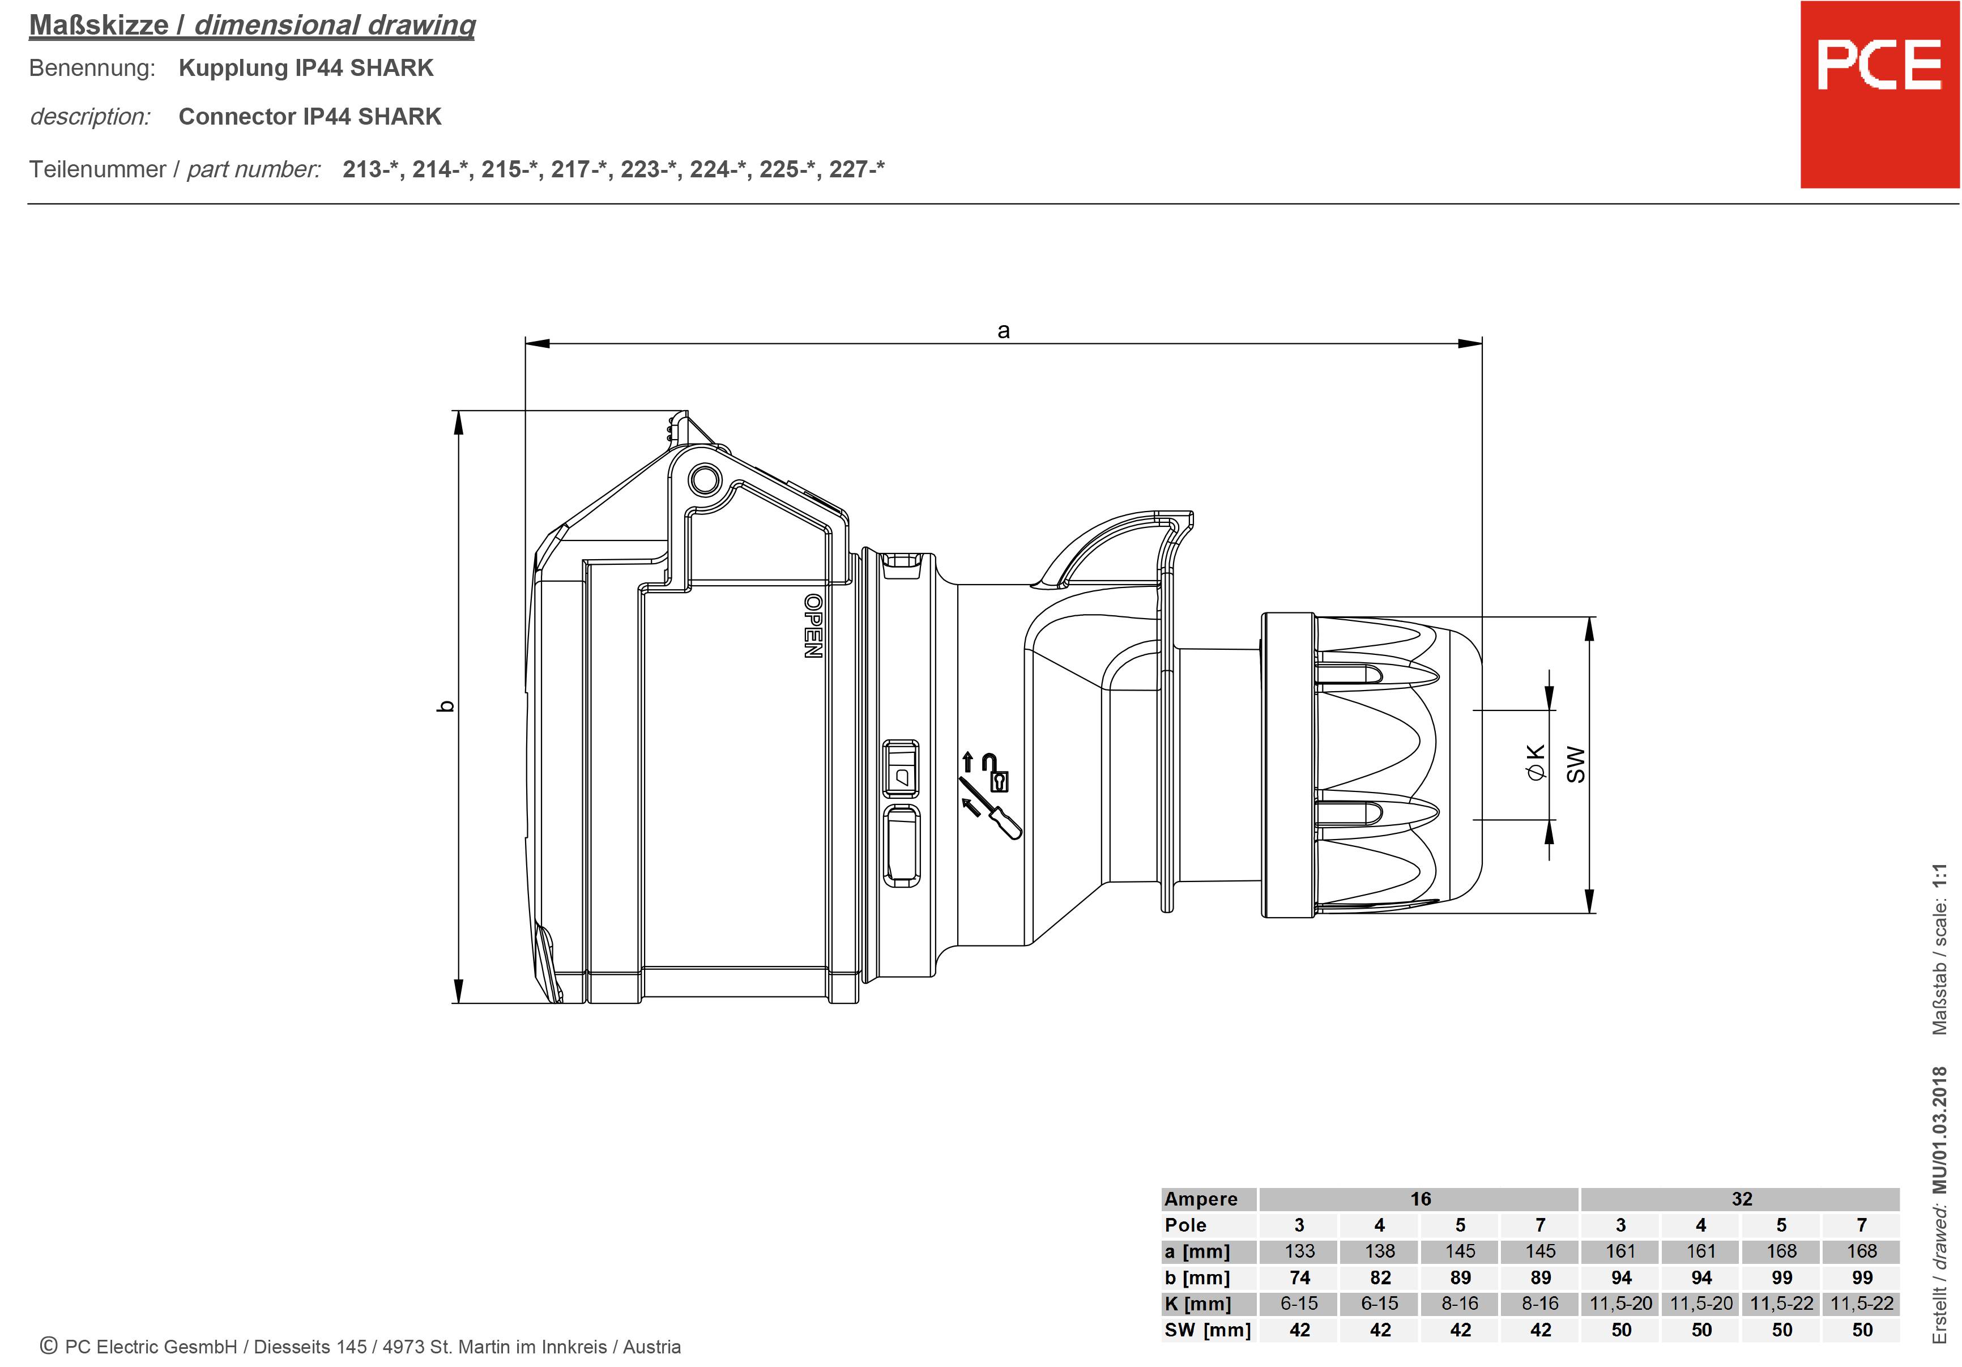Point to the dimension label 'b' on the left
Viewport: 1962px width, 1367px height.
click(x=445, y=706)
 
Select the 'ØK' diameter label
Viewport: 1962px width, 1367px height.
click(x=1536, y=762)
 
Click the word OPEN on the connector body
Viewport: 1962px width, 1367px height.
click(x=813, y=626)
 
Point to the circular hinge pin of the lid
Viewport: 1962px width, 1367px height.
click(x=705, y=480)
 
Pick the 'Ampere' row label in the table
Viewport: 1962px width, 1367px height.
click(x=1201, y=1199)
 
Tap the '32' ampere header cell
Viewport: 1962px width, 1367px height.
click(x=1742, y=1199)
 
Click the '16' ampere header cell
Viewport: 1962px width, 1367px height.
click(x=1420, y=1199)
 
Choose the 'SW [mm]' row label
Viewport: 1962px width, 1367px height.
click(x=1206, y=1330)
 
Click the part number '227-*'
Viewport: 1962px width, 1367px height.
click(x=856, y=169)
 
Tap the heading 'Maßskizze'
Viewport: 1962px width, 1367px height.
click(x=99, y=25)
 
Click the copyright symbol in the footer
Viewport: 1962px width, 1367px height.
click(x=49, y=1345)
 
